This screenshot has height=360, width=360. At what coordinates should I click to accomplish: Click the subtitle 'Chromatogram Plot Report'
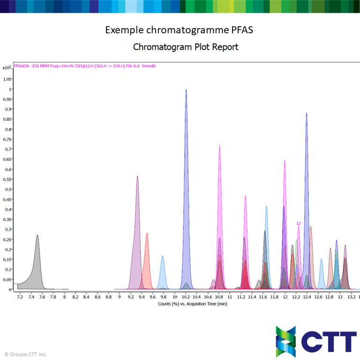point(186,47)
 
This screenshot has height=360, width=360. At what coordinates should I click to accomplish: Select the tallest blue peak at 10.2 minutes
point(186,187)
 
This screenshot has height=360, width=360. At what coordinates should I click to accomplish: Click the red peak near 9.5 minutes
point(147,262)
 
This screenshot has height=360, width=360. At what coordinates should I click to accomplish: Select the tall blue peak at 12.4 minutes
point(307,187)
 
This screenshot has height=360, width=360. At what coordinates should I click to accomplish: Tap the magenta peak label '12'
point(299,224)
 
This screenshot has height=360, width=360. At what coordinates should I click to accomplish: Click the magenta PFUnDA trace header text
point(85,66)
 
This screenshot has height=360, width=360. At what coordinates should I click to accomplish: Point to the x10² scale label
point(6,67)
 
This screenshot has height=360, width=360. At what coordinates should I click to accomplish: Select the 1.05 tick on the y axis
point(7,79)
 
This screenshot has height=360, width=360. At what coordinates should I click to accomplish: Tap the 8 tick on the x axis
point(64,297)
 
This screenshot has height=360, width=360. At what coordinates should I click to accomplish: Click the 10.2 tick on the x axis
point(186,297)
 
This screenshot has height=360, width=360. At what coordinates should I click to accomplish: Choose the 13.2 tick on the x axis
point(351,297)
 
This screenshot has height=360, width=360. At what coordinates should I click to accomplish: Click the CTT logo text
point(328,341)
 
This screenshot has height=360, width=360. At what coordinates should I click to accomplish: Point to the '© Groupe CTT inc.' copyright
point(26,354)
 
